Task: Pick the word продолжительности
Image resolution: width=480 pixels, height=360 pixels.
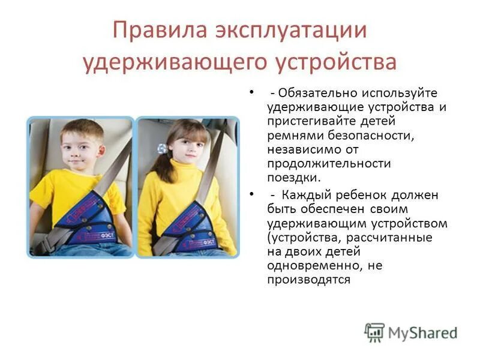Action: (x=329, y=164)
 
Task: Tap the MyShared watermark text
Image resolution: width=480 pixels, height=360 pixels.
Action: (x=422, y=334)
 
